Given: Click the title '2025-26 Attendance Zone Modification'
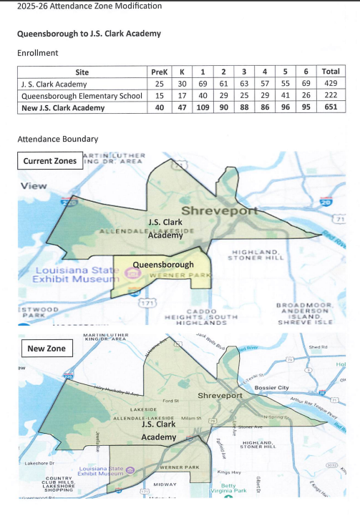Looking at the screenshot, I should pos(82,7).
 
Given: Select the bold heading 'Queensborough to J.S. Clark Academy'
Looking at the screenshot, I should pos(89,34).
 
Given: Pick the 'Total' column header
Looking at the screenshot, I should pos(331,72).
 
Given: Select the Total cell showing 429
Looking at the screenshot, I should pos(331,84).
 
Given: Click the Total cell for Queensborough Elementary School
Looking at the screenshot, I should pos(331,96).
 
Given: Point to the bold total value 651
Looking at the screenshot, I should pos(331,108).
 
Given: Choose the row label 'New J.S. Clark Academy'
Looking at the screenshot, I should pos(63,108).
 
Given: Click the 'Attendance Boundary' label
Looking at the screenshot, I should pos(57,139).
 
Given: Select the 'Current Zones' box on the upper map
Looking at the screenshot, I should pos(50,161).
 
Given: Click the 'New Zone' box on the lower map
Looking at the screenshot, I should pos(47,349).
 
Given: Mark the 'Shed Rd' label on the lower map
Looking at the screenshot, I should pos(317,348).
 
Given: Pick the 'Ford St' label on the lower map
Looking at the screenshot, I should pos(170,401).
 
